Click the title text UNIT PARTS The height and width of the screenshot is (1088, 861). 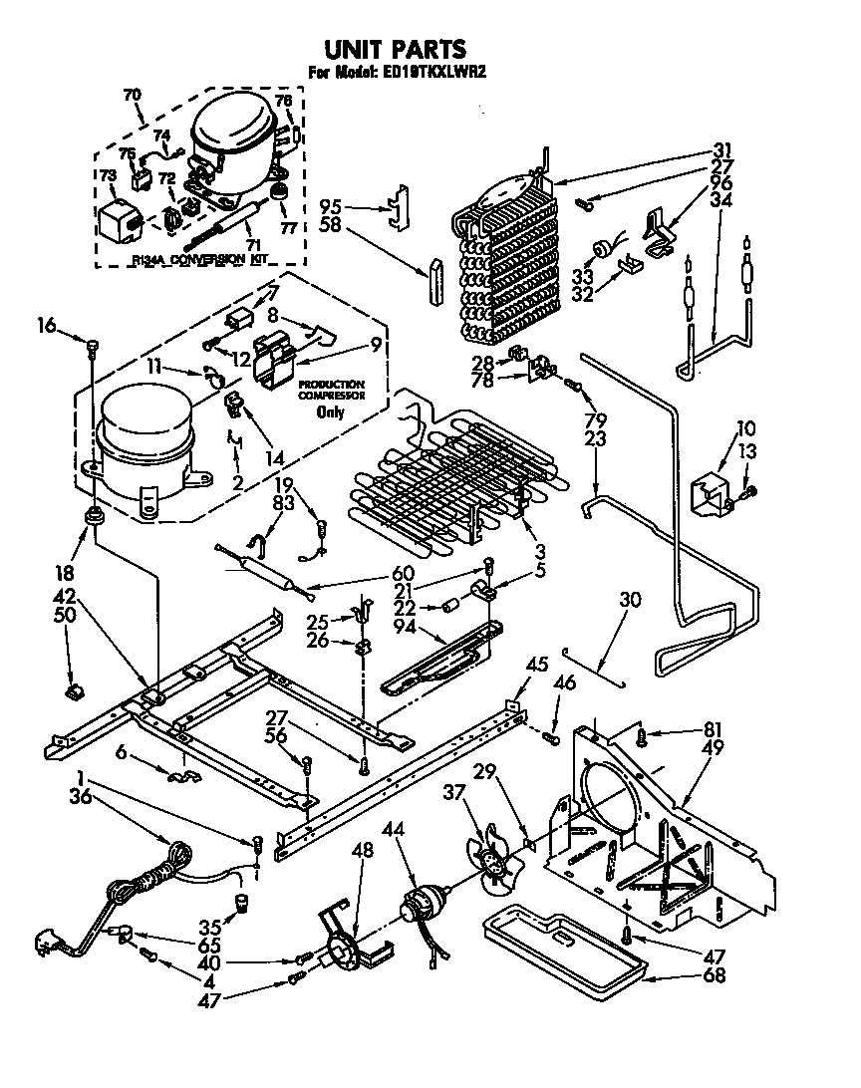(x=396, y=48)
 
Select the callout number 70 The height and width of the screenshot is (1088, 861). (x=132, y=95)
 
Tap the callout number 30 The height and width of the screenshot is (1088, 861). (x=629, y=600)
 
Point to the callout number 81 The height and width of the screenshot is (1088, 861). (x=686, y=728)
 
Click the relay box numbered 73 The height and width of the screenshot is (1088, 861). (x=119, y=217)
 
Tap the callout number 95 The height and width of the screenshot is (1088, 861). (x=329, y=208)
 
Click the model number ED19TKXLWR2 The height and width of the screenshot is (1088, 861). (x=434, y=71)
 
